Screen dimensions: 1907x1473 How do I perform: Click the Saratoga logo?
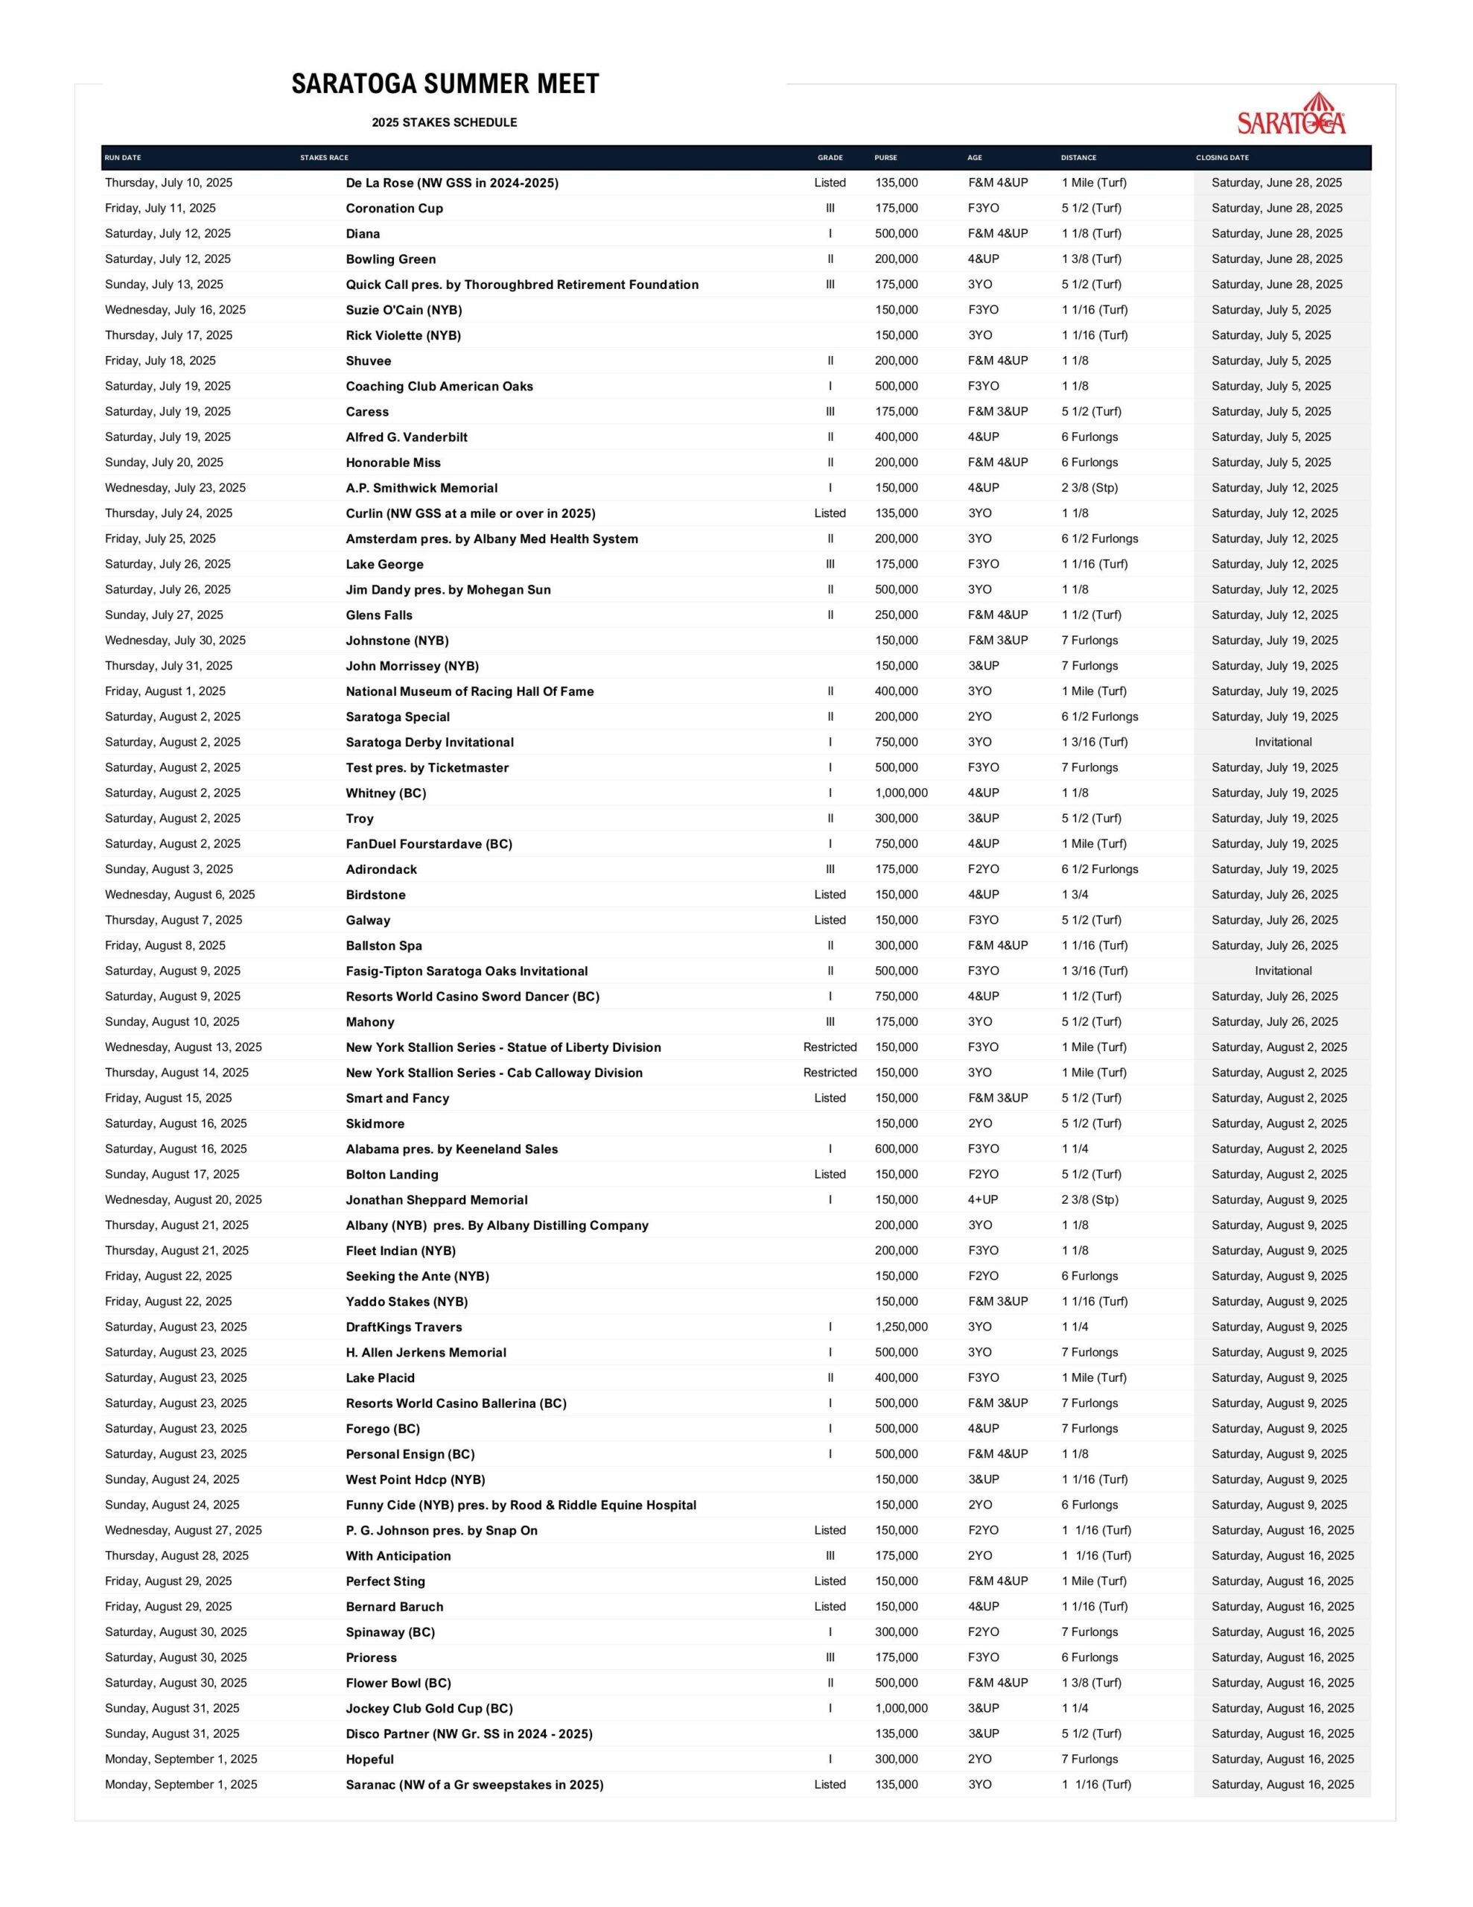point(1291,115)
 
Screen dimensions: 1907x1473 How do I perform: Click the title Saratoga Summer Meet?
point(445,85)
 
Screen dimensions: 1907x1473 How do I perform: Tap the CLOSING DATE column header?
point(1221,158)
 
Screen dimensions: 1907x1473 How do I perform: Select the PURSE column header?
point(885,158)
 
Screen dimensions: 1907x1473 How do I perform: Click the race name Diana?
point(363,234)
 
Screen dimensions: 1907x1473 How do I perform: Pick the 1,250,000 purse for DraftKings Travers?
point(901,1327)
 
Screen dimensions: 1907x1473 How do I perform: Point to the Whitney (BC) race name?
point(386,793)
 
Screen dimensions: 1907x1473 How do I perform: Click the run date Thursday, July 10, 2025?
point(168,183)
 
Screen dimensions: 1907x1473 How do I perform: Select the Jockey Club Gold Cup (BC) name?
point(429,1708)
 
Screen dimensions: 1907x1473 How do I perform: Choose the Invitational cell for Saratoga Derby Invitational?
point(1282,742)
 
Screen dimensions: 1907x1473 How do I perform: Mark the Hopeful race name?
point(369,1760)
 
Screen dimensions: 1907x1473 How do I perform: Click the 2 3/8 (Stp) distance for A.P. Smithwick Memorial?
point(1089,488)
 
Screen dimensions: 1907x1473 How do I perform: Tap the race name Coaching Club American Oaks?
point(439,387)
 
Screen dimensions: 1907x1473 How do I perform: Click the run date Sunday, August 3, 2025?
point(168,869)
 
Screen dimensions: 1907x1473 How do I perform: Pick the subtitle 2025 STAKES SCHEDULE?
point(445,123)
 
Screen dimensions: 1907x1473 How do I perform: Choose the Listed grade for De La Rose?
point(830,183)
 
